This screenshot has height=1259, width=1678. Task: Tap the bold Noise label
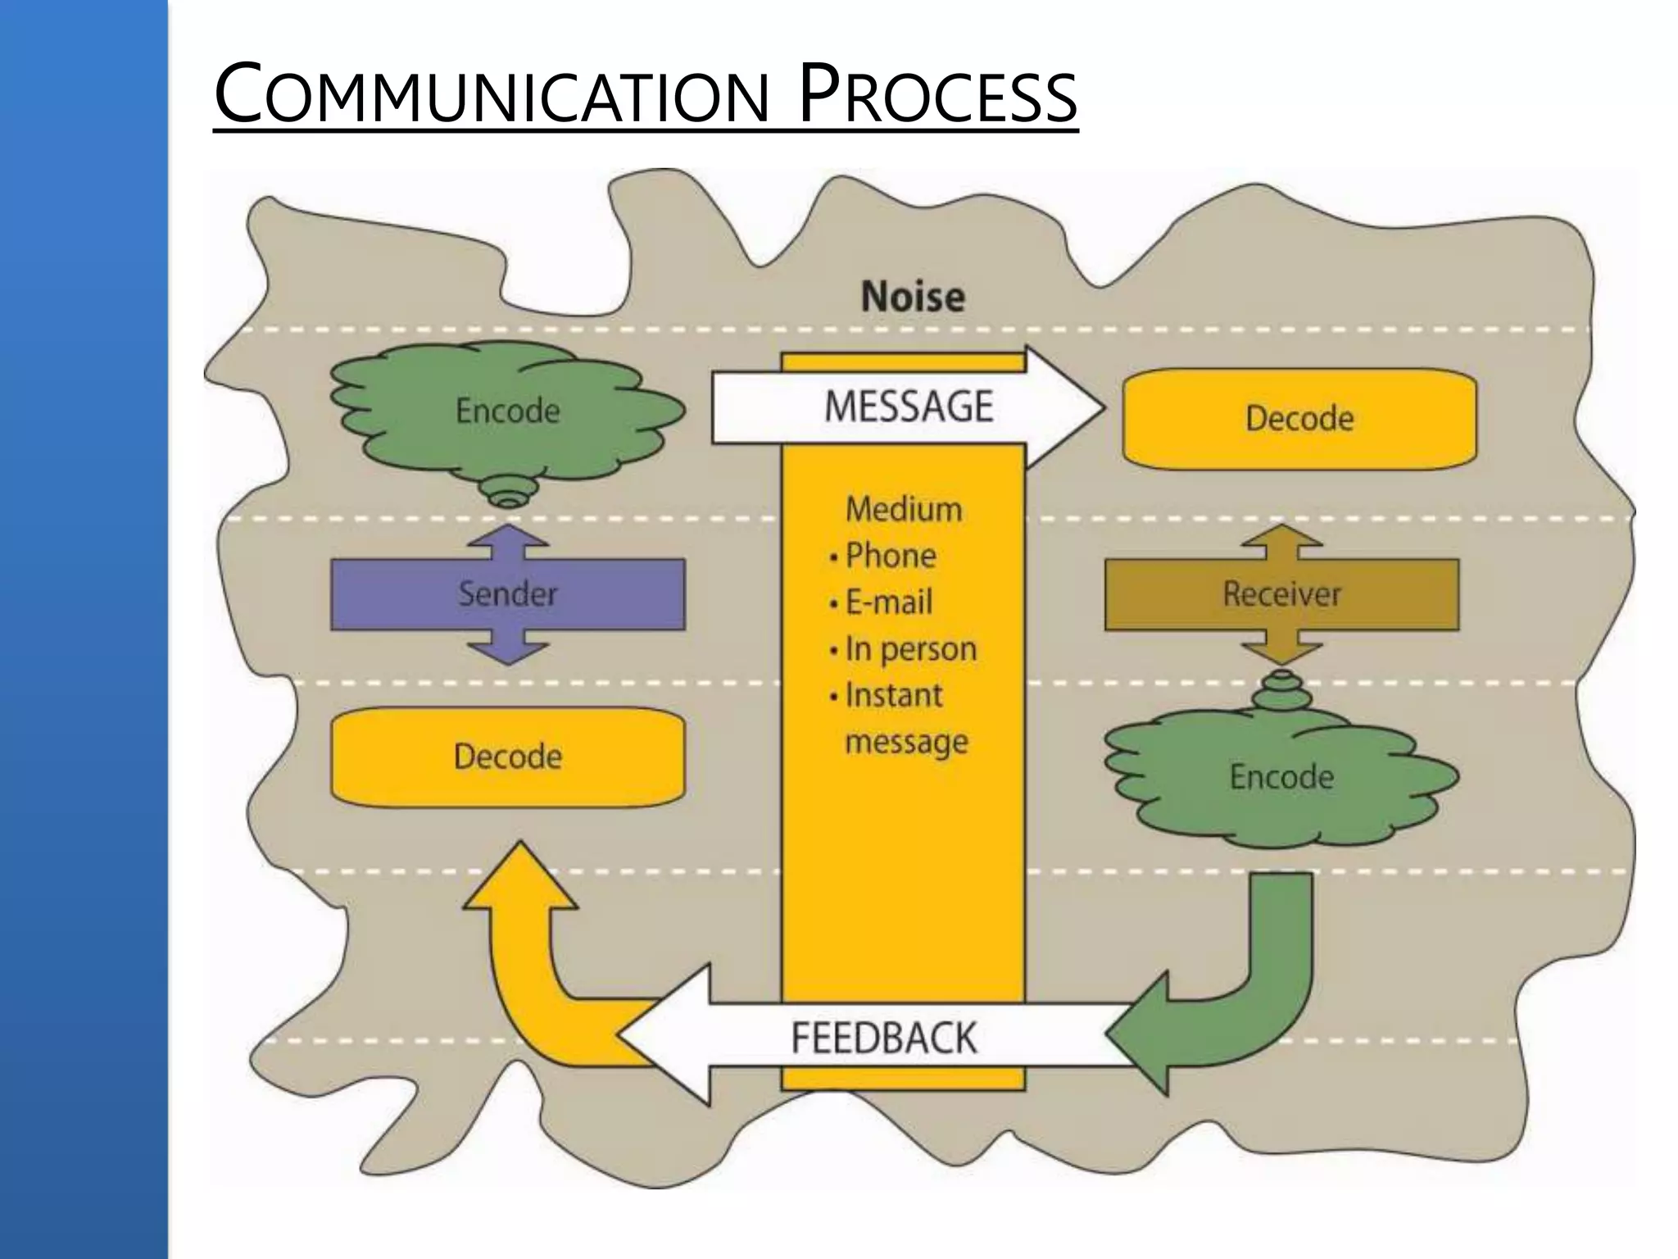click(913, 296)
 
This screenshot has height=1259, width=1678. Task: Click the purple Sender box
click(507, 594)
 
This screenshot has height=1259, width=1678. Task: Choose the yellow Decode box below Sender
click(507, 757)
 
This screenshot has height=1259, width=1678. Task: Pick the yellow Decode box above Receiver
click(1299, 419)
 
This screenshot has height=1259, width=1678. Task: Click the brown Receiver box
click(1281, 594)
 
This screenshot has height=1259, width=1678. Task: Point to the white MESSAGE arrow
click(908, 407)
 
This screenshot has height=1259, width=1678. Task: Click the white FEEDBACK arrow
click(883, 1038)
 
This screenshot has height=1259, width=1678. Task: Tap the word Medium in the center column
click(904, 510)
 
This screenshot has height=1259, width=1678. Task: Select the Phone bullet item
click(890, 556)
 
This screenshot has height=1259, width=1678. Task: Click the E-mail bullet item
click(888, 602)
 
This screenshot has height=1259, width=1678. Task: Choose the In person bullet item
click(910, 649)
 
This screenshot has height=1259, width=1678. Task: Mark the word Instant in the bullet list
click(893, 695)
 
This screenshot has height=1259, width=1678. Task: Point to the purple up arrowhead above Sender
click(508, 539)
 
